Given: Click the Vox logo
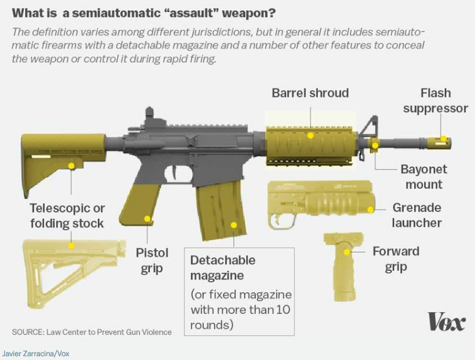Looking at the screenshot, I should point(446,322).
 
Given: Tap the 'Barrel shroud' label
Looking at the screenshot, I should point(310,93).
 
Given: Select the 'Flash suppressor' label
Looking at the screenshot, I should point(435,100).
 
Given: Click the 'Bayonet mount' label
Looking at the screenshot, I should point(424,177).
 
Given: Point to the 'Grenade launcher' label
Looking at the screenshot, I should point(417,214).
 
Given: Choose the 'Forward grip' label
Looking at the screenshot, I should point(395,259).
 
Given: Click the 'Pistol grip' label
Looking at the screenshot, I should point(152,260).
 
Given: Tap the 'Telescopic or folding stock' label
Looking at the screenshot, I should point(68,215).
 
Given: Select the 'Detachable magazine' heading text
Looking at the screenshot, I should point(223,267).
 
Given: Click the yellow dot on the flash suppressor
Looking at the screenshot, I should point(443,139).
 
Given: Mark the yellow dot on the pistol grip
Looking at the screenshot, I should point(148,219).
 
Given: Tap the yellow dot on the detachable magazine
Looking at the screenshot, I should point(233,224).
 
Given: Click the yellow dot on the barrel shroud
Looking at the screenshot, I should point(310,135).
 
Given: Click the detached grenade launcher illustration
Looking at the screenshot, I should point(320,202).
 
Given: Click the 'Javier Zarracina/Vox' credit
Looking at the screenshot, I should point(36,354).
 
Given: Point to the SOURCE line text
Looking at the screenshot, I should point(92,332).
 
